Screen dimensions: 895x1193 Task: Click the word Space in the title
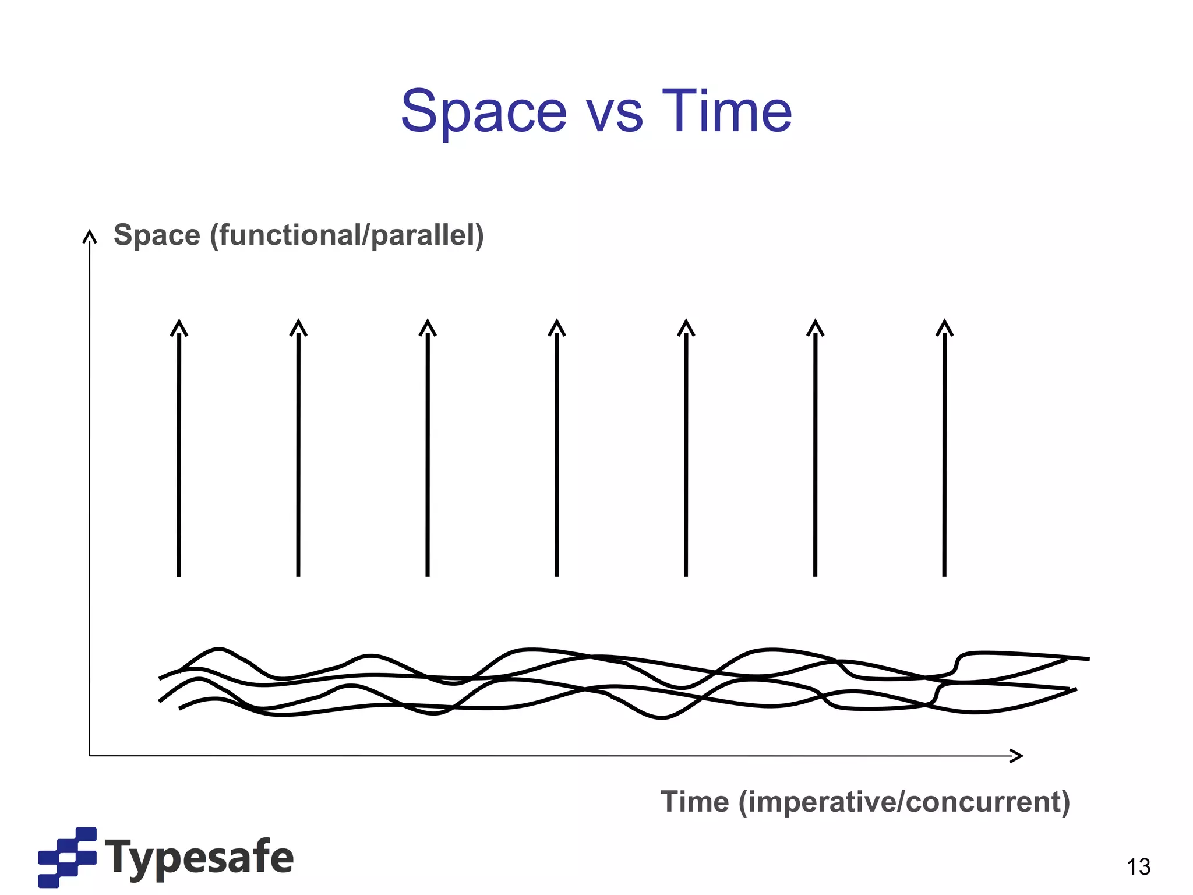click(x=483, y=112)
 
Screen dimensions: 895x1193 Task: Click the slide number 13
click(x=1138, y=867)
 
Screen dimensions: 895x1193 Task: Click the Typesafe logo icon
click(x=67, y=857)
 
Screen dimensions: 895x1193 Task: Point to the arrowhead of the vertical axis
click(x=89, y=236)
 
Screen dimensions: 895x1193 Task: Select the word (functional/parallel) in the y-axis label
click(x=347, y=235)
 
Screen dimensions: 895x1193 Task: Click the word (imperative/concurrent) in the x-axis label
click(x=904, y=802)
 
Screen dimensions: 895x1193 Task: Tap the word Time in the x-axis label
click(x=694, y=802)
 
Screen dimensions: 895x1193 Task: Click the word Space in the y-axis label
click(x=157, y=235)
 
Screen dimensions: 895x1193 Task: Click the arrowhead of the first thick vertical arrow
click(x=179, y=327)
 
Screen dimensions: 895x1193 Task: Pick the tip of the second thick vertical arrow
click(x=298, y=327)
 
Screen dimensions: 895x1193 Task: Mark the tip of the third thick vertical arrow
click(x=428, y=327)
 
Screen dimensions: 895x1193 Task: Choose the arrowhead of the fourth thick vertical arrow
click(x=557, y=327)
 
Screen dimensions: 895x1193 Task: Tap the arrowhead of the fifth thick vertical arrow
click(x=686, y=327)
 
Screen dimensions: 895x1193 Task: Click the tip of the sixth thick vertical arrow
click(x=816, y=327)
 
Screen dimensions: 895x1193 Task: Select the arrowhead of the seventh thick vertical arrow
click(x=945, y=327)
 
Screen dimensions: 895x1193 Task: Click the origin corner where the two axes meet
click(x=89, y=756)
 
